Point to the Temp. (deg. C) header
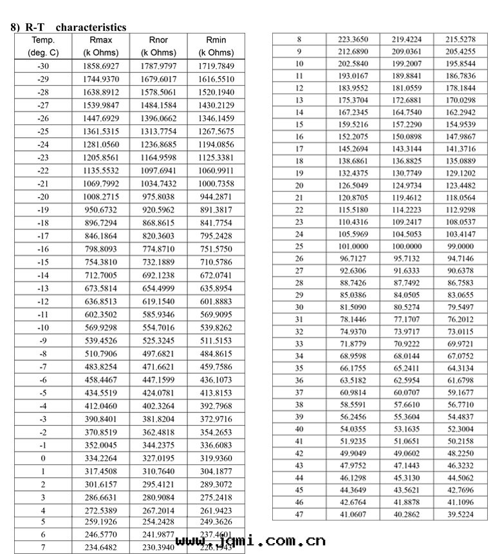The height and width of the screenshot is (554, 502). tap(43, 46)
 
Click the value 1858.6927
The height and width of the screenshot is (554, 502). tap(101, 66)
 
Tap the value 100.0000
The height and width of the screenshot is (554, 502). tap(406, 246)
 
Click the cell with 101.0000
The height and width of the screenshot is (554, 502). tap(352, 246)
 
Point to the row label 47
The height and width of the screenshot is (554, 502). tap(299, 513)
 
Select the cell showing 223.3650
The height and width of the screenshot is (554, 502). tap(352, 39)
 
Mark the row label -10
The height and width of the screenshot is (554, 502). tap(43, 327)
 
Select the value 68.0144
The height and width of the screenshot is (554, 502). tap(406, 356)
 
